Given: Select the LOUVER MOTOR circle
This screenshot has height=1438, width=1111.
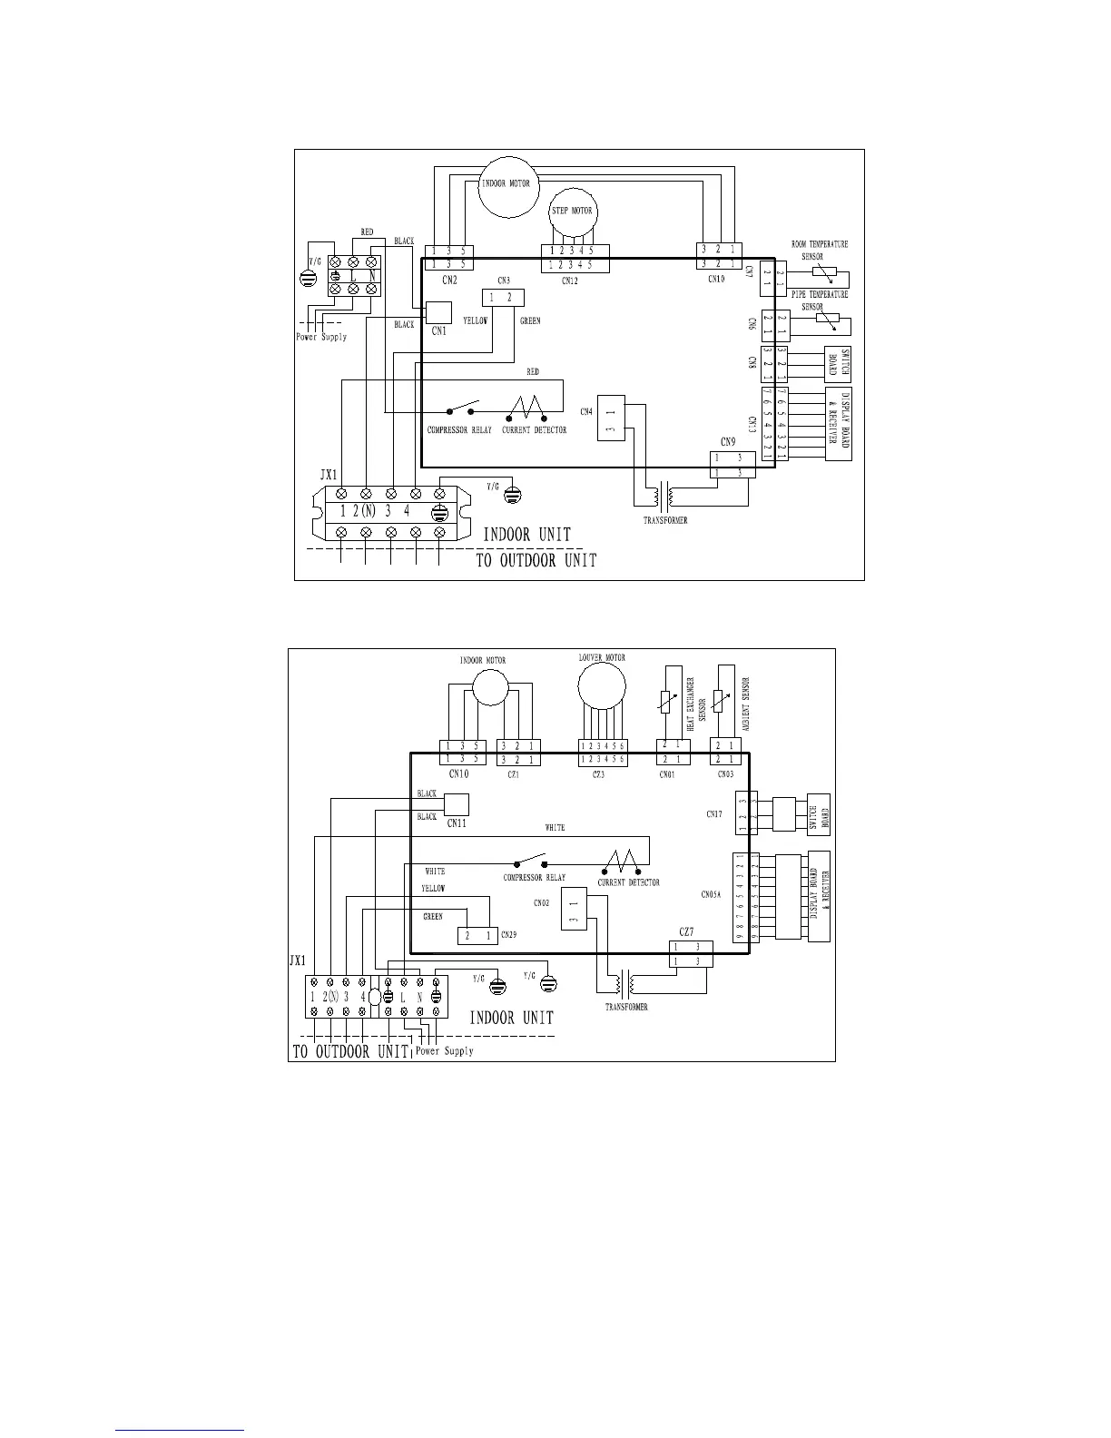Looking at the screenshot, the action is tap(602, 683).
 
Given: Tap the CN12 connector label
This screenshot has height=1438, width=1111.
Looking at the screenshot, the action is tap(570, 281).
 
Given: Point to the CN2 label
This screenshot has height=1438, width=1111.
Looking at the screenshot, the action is tap(449, 281).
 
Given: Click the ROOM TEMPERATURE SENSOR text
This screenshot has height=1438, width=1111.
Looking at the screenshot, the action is tap(819, 250).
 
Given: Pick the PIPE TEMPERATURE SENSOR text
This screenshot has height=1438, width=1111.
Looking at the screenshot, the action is tap(819, 300).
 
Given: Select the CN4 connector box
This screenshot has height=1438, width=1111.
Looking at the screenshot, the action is tap(611, 418).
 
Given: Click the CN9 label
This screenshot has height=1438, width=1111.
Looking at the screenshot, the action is tap(729, 442).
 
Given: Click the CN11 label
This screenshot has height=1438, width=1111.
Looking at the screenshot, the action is tap(457, 822).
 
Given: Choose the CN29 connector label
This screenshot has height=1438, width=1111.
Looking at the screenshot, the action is tap(508, 934).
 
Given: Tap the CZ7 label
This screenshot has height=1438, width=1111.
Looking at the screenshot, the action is tap(687, 932).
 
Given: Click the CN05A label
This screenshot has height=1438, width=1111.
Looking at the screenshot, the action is tap(711, 894).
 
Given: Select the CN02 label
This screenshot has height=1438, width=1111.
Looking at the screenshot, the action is tap(542, 903).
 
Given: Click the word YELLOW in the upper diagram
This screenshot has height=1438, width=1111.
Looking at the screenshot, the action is tap(476, 321).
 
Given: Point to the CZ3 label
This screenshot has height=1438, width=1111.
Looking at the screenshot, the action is tap(598, 774).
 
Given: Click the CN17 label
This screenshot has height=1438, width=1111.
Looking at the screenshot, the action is tap(714, 814).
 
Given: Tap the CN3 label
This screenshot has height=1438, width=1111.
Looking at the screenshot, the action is tap(504, 281).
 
